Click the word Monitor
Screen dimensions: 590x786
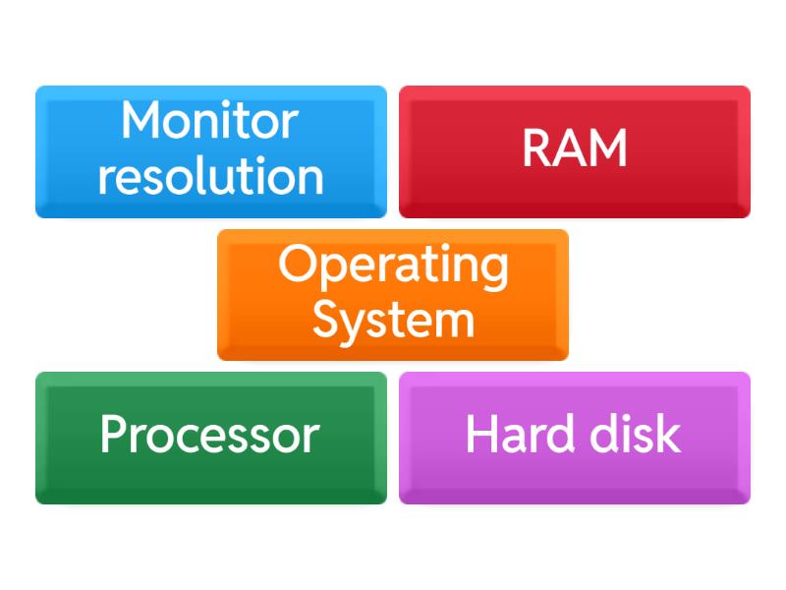(x=209, y=121)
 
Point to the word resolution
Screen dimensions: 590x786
(x=210, y=177)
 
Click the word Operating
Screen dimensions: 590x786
(x=393, y=265)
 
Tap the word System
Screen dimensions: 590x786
(x=393, y=321)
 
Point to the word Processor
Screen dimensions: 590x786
(x=210, y=435)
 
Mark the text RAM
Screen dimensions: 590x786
(x=575, y=148)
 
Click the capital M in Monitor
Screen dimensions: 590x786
(x=141, y=121)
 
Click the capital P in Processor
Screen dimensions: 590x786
(x=113, y=434)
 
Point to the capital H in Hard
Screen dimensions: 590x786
(x=480, y=434)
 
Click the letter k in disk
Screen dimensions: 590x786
(x=669, y=434)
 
